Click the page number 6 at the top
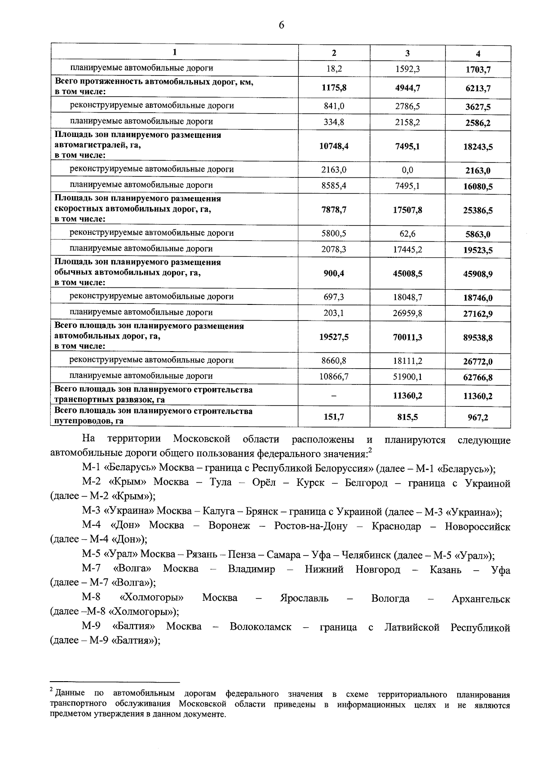point(281,25)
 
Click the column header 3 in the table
point(407,53)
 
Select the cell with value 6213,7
point(478,88)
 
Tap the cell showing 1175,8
point(334,88)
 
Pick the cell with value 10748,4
point(334,146)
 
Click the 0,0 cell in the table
point(407,170)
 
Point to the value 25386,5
point(478,210)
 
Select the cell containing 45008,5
point(407,273)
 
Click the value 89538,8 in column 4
point(478,337)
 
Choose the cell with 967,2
point(478,417)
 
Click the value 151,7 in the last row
point(334,417)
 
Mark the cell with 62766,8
point(478,378)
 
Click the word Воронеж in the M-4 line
point(229,526)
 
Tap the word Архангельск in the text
point(481,599)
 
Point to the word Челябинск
point(362,555)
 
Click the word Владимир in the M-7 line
point(252,569)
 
